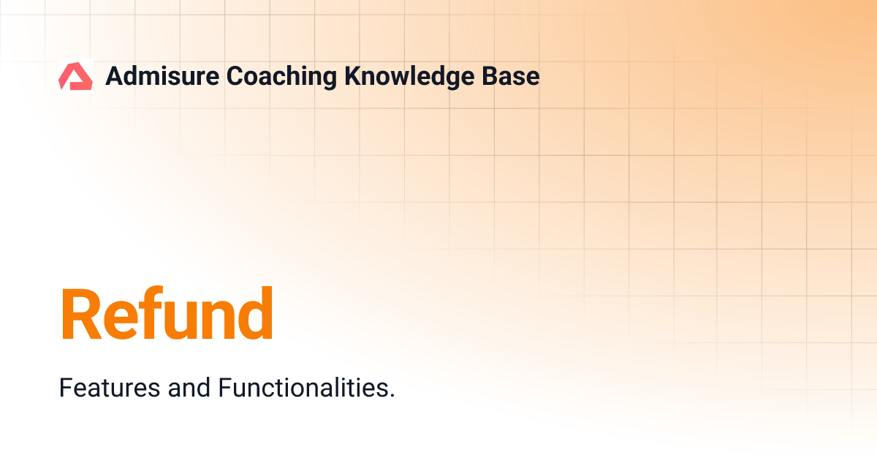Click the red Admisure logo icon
75,76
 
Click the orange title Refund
167,315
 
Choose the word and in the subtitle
189,388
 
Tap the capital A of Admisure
114,76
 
